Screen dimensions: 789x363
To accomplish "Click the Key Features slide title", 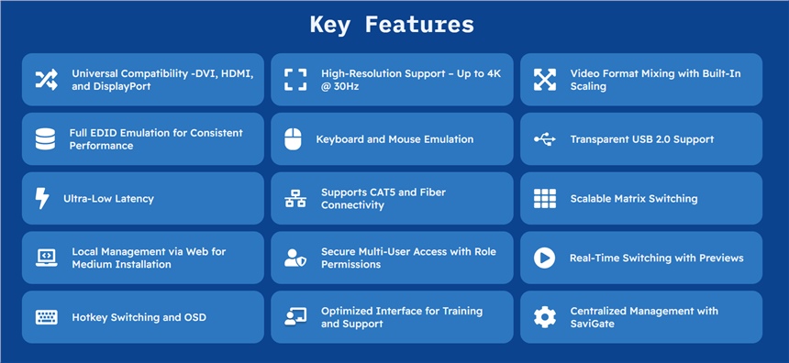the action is click(x=392, y=24).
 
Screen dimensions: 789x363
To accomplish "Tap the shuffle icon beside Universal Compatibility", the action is click(x=46, y=80).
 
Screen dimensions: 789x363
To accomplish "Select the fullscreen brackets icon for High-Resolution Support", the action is click(x=295, y=80).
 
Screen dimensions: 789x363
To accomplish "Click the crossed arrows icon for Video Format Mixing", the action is click(x=544, y=80).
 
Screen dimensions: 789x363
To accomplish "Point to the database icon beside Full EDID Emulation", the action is click(x=45, y=139).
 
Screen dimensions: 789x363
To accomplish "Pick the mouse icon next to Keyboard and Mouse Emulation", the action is click(x=293, y=139).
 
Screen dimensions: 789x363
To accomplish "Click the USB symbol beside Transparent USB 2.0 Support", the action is click(x=545, y=139).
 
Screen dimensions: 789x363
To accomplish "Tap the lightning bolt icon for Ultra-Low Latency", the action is click(x=42, y=198).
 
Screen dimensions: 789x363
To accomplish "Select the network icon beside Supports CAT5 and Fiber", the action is click(x=295, y=199).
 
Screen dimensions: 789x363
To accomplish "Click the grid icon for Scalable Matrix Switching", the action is click(x=544, y=199).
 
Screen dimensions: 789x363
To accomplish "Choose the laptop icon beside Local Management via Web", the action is click(x=46, y=258).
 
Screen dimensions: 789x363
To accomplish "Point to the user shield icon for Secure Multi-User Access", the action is click(x=294, y=258).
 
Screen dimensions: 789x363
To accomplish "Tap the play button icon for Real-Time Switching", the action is click(x=544, y=258).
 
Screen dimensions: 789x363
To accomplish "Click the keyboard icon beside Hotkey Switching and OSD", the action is click(x=46, y=317).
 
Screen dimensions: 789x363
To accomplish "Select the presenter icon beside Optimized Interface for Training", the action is click(x=295, y=317).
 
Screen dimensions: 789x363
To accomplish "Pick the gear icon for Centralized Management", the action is click(x=544, y=317).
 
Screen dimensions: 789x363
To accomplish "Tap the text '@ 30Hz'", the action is click(x=339, y=86).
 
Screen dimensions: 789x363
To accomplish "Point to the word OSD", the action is click(x=195, y=317).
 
